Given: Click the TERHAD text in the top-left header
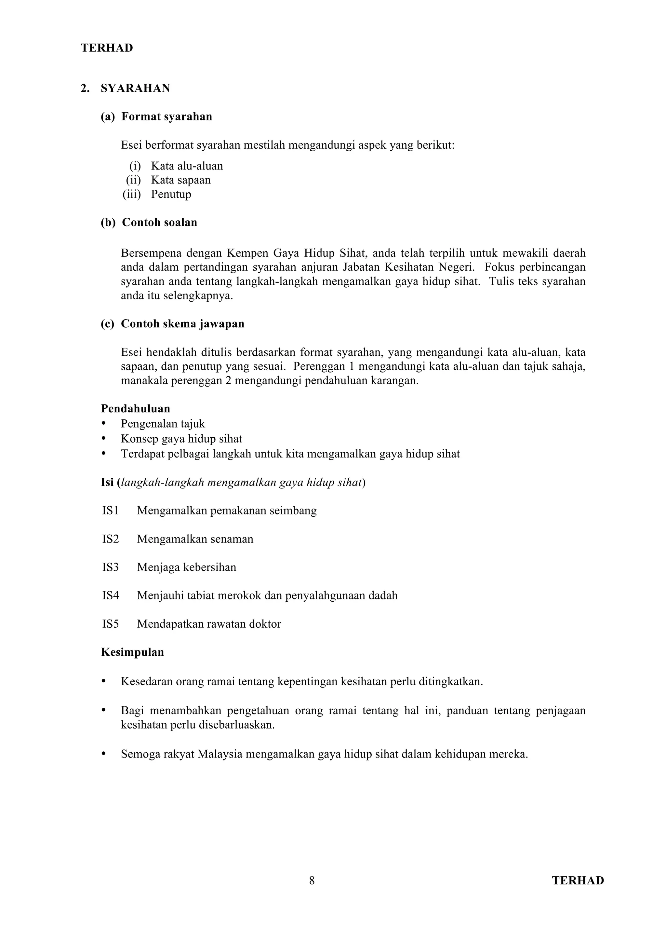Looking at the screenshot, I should tap(107, 48).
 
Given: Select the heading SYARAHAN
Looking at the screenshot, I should tap(135, 88).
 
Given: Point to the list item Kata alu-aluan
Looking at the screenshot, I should tap(187, 166).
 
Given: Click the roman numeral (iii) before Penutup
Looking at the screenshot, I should tap(132, 194).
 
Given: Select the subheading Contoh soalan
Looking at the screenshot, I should tap(159, 222).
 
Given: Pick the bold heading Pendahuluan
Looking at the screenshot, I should tap(135, 408).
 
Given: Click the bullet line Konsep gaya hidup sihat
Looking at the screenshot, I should tap(181, 439).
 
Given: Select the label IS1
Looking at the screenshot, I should tap(110, 511).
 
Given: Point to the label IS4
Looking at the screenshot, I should tap(110, 595).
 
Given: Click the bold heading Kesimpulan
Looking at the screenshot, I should tap(132, 652).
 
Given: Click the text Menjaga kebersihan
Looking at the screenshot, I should tap(186, 567).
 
